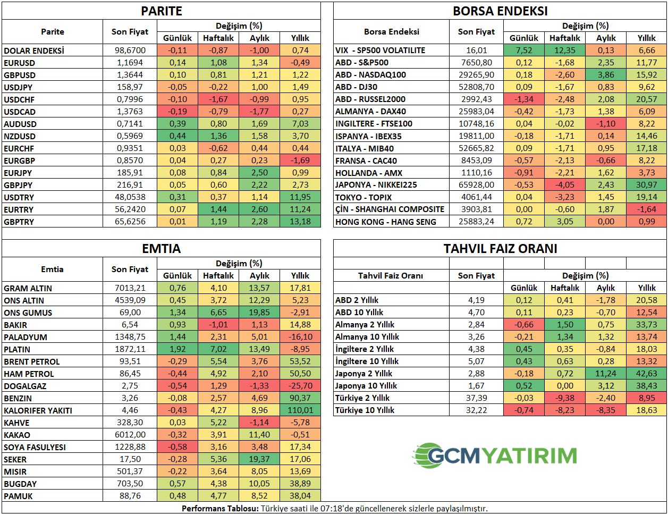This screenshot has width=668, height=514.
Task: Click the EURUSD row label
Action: (x=19, y=63)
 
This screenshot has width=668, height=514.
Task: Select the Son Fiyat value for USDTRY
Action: (x=130, y=197)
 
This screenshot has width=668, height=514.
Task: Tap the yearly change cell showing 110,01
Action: (x=300, y=410)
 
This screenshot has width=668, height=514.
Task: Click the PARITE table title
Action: (x=162, y=11)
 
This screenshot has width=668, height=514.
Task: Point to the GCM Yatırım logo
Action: (x=495, y=456)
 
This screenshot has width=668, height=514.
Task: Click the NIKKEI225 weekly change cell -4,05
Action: (x=565, y=185)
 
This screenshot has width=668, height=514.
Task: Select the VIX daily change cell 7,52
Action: (x=524, y=50)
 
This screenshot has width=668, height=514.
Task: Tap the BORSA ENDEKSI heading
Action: (x=500, y=11)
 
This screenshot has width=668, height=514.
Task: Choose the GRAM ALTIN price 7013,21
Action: (x=130, y=288)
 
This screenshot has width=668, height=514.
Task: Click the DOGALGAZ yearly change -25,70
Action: (x=300, y=386)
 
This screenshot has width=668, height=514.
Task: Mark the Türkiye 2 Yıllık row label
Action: (x=362, y=398)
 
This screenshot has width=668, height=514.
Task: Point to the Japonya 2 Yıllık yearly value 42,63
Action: (x=647, y=374)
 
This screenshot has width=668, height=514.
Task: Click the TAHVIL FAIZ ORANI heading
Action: (x=500, y=249)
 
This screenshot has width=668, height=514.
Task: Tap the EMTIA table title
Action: (x=162, y=249)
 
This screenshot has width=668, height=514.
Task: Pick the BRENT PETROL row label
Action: (x=32, y=361)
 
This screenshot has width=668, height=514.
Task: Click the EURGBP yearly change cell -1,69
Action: (x=300, y=160)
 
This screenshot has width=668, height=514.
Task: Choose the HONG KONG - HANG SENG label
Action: (x=385, y=222)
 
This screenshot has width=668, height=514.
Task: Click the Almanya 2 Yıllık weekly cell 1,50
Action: (x=565, y=325)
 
